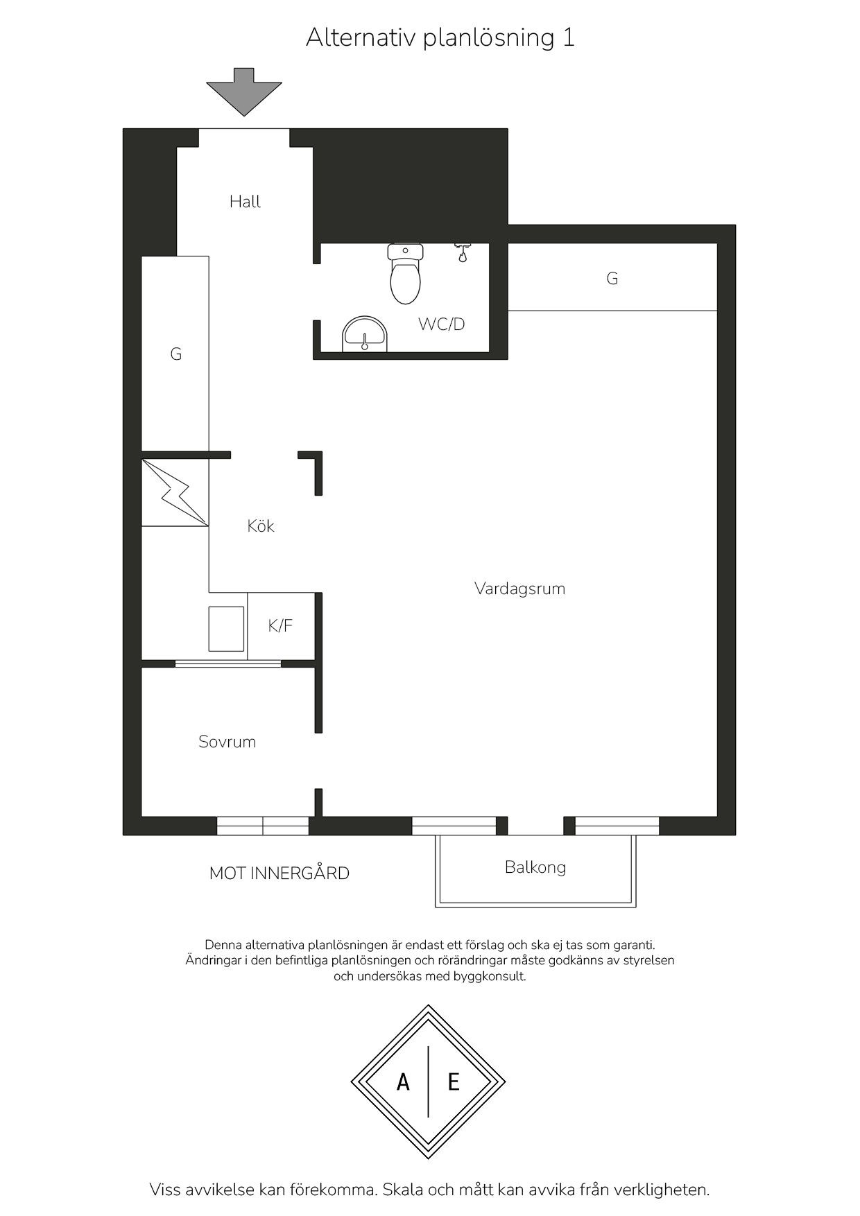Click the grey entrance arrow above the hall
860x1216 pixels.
pos(244,92)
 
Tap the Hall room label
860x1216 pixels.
pos(245,202)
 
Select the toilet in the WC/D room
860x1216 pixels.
pos(406,274)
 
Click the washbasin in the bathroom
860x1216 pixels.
pos(365,335)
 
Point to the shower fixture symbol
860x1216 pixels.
pos(463,252)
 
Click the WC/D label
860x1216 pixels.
pos(441,324)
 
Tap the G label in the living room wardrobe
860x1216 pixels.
pos(612,279)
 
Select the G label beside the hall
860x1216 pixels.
pos(176,354)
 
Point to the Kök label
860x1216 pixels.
pos(261,526)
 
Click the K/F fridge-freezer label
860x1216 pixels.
pos(280,626)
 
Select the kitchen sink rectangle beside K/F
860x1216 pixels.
pos(227,629)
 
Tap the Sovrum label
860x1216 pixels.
pos(227,742)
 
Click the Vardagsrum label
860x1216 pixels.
pos(520,589)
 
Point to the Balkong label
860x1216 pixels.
pos(535,867)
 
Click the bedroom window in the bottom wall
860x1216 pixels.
pos(263,826)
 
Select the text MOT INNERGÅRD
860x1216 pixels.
pos(279,874)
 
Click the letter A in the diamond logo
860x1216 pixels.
pos(403,1082)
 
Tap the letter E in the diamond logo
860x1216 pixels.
pos(454,1082)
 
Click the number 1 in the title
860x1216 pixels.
pos(569,37)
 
